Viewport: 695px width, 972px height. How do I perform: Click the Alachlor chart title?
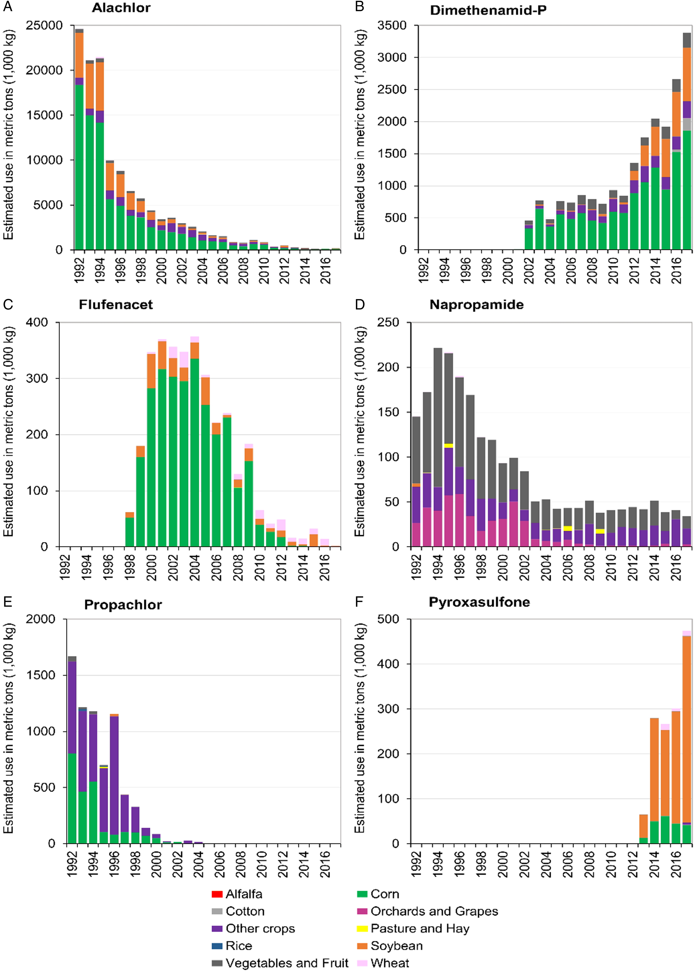pos(121,8)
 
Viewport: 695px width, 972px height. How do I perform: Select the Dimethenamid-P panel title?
pos(488,10)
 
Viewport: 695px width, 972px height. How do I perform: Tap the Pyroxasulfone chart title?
pos(479,602)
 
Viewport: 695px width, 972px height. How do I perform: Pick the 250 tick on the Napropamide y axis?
pos(388,322)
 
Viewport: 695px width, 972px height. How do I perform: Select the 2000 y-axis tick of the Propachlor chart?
pos(41,619)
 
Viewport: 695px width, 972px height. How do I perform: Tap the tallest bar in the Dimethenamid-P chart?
pos(687,141)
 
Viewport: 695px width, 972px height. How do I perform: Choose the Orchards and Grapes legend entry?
pos(427,911)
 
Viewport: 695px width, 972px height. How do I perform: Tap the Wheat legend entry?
pos(383,963)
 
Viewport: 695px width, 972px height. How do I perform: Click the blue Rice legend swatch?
pos(217,946)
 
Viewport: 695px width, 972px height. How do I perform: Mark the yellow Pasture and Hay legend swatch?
pos(362,929)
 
